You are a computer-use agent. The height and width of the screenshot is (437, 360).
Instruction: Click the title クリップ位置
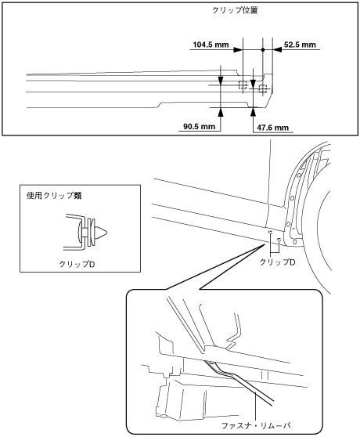pyautogui.click(x=235, y=10)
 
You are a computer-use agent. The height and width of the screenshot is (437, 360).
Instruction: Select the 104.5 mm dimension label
pyautogui.click(x=211, y=45)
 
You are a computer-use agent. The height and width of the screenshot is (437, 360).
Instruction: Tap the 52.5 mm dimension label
pyautogui.click(x=300, y=45)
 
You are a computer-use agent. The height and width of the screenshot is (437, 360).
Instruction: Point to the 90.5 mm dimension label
pyautogui.click(x=199, y=127)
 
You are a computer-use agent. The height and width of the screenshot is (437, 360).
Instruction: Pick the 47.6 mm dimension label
pyautogui.click(x=273, y=128)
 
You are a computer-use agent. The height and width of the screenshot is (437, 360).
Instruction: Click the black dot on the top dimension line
pyautogui.click(x=262, y=50)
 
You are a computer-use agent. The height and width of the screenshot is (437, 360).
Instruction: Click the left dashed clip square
pyautogui.click(x=243, y=85)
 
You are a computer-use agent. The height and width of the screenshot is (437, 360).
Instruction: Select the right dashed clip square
pyautogui.click(x=263, y=88)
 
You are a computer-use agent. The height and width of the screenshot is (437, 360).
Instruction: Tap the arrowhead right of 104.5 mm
pyautogui.click(x=238, y=50)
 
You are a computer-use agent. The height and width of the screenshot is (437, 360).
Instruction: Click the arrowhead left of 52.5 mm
pyautogui.click(x=278, y=50)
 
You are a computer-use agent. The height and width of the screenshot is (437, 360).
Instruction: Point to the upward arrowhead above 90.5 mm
pyautogui.click(x=221, y=112)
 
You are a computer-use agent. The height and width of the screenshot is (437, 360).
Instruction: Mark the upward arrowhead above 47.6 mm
pyautogui.click(x=253, y=112)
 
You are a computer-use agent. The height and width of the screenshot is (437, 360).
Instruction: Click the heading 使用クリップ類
pyautogui.click(x=54, y=196)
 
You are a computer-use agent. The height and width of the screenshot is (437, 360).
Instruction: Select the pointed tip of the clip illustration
pyautogui.click(x=107, y=232)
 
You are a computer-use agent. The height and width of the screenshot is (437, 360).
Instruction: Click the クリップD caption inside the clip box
pyautogui.click(x=77, y=264)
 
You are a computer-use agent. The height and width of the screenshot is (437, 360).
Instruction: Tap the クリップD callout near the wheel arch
pyautogui.click(x=277, y=262)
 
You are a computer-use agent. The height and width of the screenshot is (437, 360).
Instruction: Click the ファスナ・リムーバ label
pyautogui.click(x=256, y=426)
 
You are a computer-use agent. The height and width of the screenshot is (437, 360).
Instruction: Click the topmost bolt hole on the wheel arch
pyautogui.click(x=298, y=175)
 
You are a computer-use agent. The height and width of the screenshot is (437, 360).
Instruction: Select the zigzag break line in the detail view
pyautogui.click(x=233, y=331)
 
